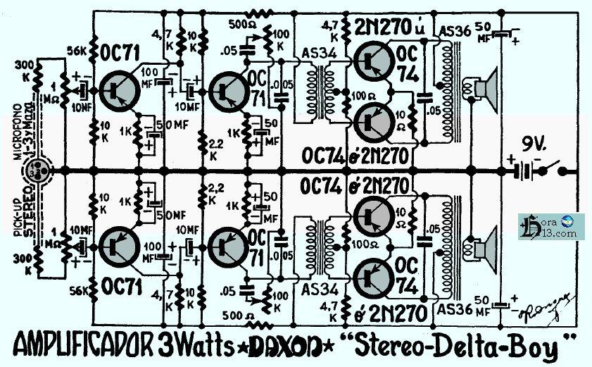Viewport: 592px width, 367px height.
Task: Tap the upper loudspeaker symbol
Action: tap(485, 88)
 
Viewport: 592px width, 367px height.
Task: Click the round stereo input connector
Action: tap(34, 170)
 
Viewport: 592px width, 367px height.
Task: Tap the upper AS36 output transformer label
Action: tap(450, 32)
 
